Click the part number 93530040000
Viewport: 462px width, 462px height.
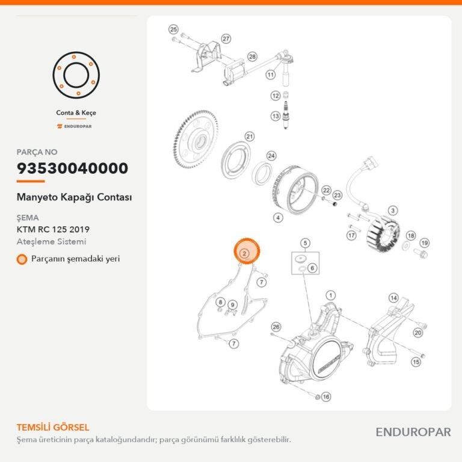point(72,168)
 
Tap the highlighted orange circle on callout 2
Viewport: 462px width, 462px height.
point(247,251)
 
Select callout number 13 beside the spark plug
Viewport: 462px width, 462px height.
point(276,116)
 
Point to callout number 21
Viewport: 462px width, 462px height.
point(250,137)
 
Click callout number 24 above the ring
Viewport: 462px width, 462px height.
point(271,156)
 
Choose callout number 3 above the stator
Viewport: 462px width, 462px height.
point(393,211)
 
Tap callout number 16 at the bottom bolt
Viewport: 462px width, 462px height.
point(326,396)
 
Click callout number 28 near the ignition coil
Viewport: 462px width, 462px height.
point(252,57)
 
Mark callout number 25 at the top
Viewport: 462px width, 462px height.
point(173,29)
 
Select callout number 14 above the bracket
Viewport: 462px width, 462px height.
point(393,298)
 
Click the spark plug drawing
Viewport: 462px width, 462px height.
point(285,115)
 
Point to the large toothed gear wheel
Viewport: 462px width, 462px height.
point(196,140)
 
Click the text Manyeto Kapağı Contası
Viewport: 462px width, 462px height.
point(74,197)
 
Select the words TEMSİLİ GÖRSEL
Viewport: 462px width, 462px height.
point(53,427)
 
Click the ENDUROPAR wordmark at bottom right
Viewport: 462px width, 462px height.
point(413,433)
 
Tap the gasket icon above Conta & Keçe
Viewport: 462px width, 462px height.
point(76,75)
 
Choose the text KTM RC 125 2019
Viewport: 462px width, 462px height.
point(53,229)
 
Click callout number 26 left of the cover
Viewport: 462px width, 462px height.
point(276,327)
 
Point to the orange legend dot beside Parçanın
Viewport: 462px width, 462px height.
point(22,259)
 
